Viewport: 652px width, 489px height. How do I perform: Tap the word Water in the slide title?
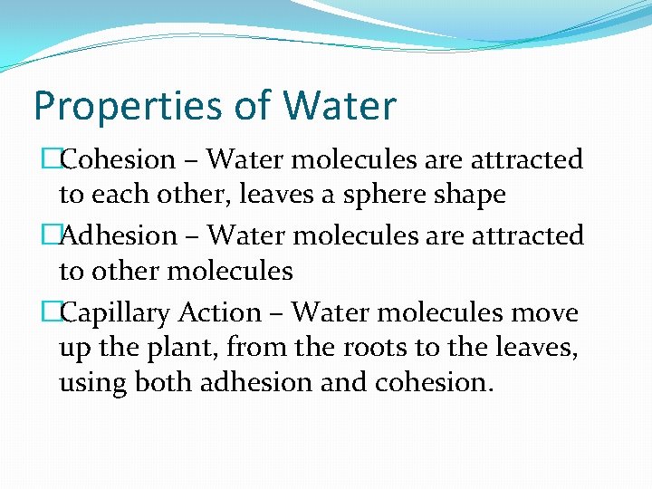[x=340, y=105]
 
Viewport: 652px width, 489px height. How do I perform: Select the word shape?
[x=471, y=194]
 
